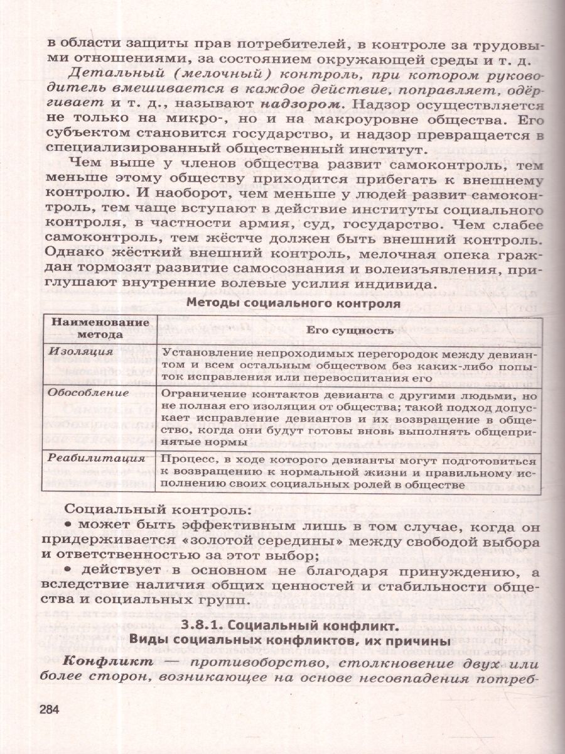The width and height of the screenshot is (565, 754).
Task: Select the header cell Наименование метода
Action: (x=100, y=328)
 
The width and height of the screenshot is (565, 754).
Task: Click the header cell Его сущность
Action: (x=350, y=330)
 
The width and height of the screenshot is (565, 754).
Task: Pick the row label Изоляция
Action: (x=73, y=351)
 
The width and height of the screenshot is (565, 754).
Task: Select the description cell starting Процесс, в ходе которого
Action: (x=350, y=472)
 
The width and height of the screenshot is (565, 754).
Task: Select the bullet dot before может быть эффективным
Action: (x=68, y=525)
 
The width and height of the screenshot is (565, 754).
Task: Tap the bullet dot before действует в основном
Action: (x=68, y=570)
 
